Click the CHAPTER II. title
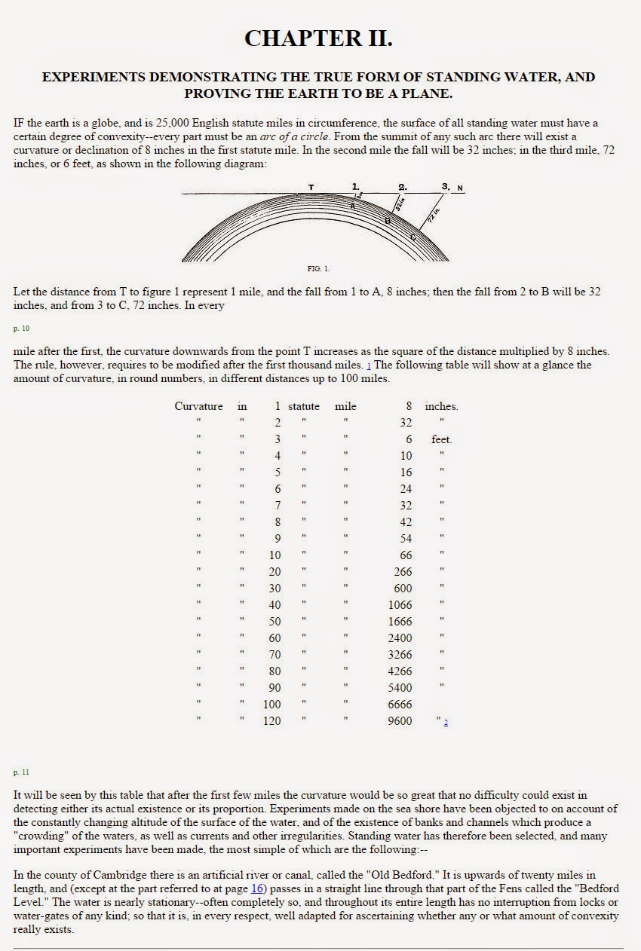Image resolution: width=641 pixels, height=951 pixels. click(x=318, y=38)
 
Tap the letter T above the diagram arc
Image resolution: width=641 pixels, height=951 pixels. click(x=311, y=187)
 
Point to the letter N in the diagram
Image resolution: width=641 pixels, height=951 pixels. click(x=460, y=188)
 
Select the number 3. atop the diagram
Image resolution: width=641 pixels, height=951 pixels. click(x=446, y=186)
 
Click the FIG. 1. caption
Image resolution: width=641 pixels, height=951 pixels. click(x=318, y=268)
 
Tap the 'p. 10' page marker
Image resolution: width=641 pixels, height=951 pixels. click(x=20, y=329)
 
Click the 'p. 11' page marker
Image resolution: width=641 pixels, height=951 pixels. click(x=20, y=772)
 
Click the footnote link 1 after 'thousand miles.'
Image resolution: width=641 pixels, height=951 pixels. click(x=369, y=365)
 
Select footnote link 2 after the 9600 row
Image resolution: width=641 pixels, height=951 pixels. click(x=446, y=723)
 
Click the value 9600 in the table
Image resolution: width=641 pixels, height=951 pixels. click(x=400, y=721)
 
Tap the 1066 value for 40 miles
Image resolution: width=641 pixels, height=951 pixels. click(x=400, y=605)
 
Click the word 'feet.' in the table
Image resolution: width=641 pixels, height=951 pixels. click(x=441, y=439)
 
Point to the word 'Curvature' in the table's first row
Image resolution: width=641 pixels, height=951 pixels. click(x=198, y=406)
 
